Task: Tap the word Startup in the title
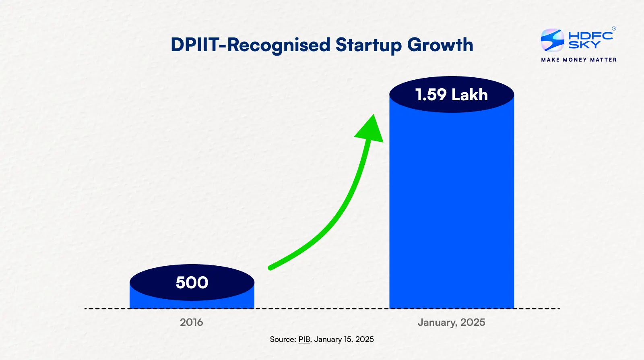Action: point(368,45)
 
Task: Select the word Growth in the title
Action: point(440,45)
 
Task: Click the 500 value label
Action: point(192,283)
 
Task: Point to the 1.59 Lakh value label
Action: point(451,95)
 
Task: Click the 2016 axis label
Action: point(192,322)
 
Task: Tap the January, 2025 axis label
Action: point(451,322)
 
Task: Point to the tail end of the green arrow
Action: point(270,267)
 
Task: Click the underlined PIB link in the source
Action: point(304,339)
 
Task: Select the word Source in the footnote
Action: point(283,339)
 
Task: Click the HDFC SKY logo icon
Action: point(552,40)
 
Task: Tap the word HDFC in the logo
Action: point(590,35)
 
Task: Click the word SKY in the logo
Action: point(584,45)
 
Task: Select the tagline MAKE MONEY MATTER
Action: point(579,60)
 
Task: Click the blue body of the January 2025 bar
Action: point(452,209)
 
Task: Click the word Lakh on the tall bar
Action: point(469,95)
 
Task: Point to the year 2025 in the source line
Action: point(365,339)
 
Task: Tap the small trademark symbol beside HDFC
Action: point(614,29)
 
